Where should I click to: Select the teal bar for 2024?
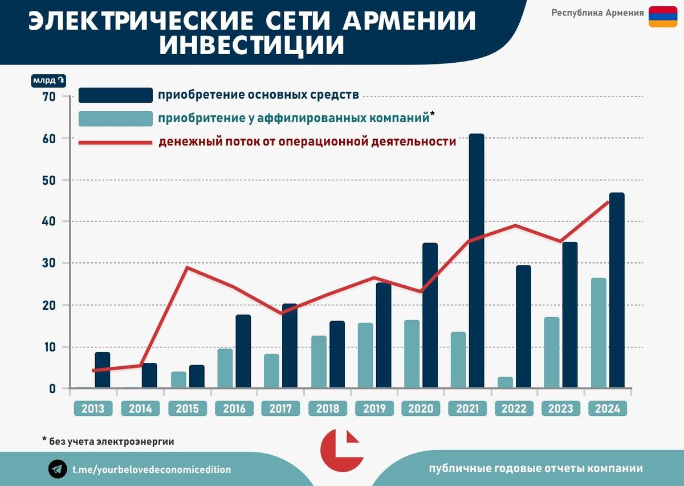[598, 333]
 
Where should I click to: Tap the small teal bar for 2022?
[505, 382]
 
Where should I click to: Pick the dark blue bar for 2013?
[103, 370]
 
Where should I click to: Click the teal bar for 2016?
[225, 368]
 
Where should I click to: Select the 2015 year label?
[187, 408]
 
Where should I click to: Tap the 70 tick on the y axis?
[48, 97]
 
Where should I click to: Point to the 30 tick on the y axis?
[48, 264]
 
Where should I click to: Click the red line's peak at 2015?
[187, 268]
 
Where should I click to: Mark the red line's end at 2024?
[608, 201]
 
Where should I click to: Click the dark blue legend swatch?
[115, 95]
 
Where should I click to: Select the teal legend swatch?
[115, 119]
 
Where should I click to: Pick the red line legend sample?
[115, 142]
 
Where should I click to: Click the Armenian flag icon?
[662, 17]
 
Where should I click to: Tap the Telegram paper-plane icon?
[58, 469]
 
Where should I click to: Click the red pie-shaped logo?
[341, 450]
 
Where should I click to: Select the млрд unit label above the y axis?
[49, 80]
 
